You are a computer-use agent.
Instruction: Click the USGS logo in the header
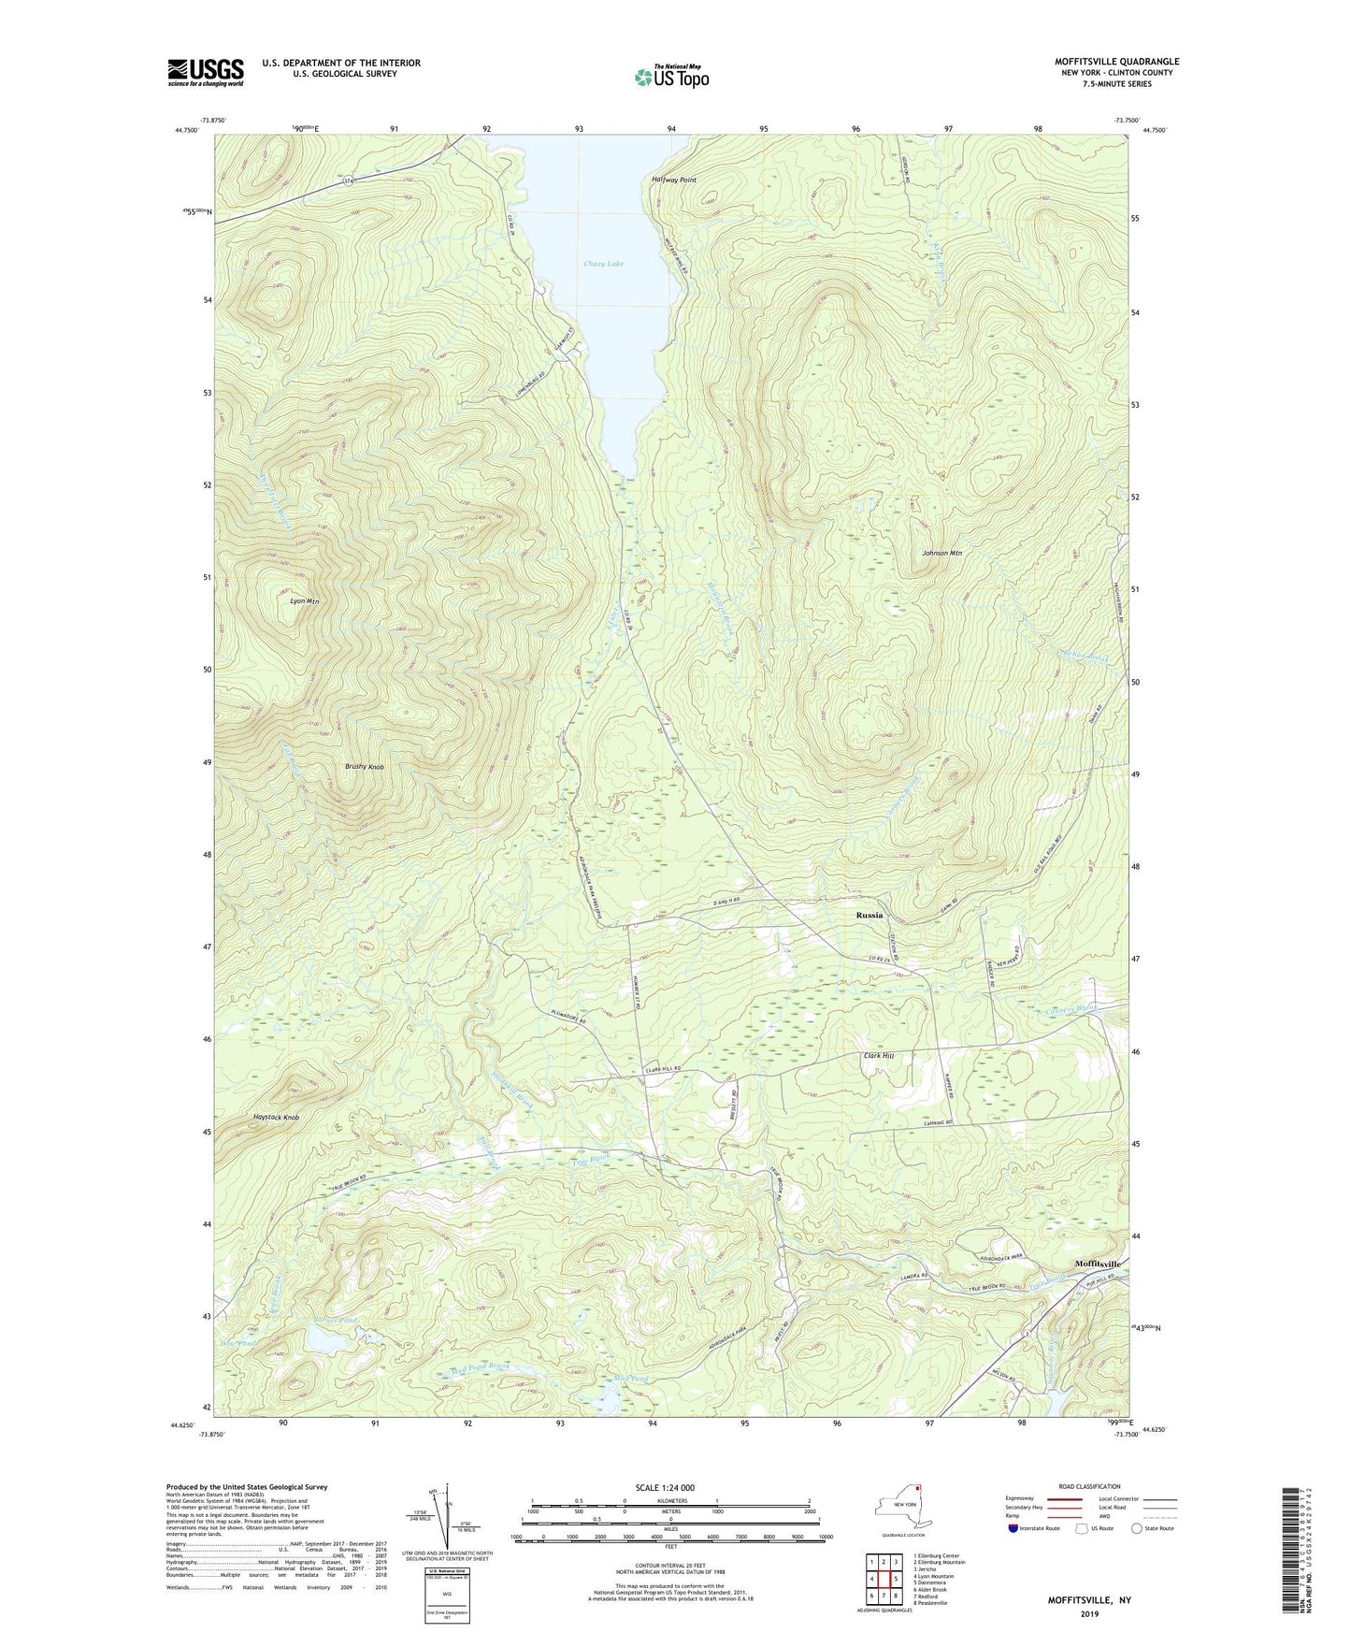[x=206, y=72]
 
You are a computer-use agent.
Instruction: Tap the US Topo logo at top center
[x=670, y=77]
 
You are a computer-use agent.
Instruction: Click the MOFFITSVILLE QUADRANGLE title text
[x=1116, y=62]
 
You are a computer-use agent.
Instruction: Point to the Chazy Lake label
[x=603, y=264]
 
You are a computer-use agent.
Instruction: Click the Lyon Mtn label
[x=304, y=601]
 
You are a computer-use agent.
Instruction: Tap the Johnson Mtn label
[x=941, y=553]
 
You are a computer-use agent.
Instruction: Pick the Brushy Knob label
[x=364, y=767]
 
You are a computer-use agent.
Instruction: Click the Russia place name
[x=869, y=915]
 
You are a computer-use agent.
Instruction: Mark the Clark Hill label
[x=877, y=1056]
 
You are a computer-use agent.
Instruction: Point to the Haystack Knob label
[x=276, y=1118]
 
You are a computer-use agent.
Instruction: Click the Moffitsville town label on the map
[x=1098, y=1264]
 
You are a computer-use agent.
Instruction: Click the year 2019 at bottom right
[x=1089, y=1614]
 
